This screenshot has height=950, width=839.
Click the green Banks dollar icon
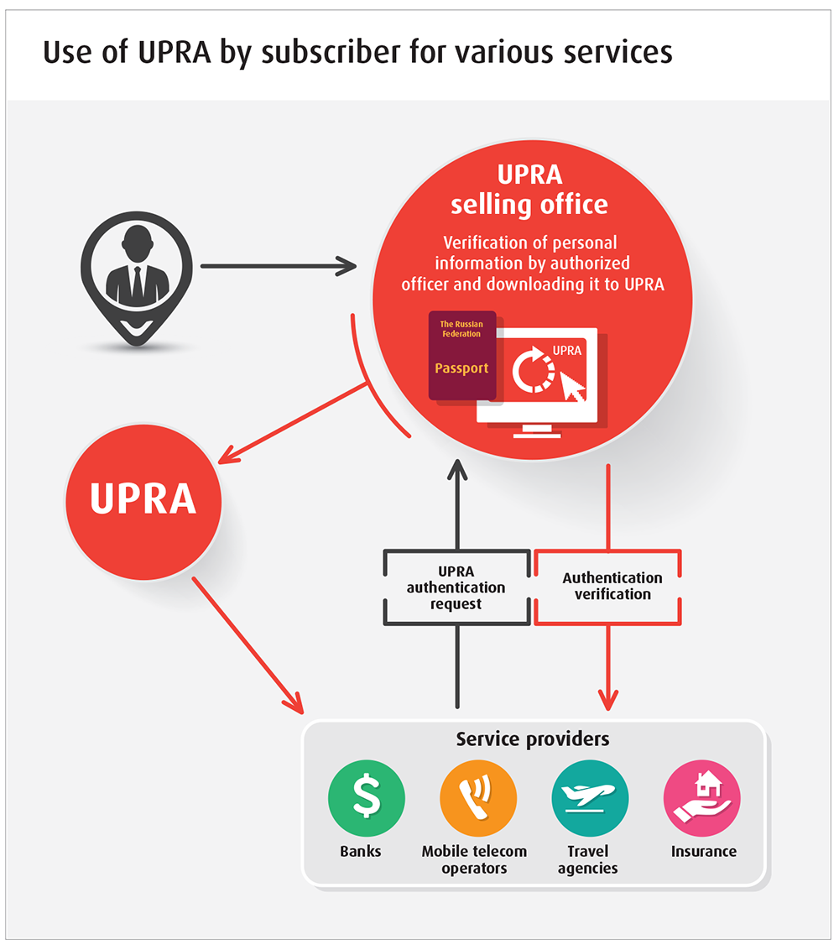click(x=367, y=798)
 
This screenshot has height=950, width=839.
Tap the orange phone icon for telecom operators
click(x=478, y=798)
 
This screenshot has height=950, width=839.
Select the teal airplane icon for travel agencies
click(x=590, y=798)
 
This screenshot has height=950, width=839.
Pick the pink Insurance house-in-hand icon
click(x=702, y=798)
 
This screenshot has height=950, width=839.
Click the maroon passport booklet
click(x=462, y=356)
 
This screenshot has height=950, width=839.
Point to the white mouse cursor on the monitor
click(x=571, y=387)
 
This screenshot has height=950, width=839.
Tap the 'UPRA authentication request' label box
click(x=456, y=587)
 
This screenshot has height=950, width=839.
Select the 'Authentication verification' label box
click(x=607, y=587)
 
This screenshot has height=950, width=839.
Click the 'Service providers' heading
click(x=533, y=739)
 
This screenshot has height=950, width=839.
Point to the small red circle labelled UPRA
click(x=143, y=502)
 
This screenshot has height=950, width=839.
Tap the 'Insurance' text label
click(x=703, y=851)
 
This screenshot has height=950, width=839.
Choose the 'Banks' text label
click(x=361, y=851)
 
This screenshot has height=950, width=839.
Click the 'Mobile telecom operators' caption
click(x=474, y=859)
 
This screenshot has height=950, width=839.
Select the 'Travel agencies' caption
click(x=587, y=859)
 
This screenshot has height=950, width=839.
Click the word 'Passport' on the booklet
click(x=461, y=368)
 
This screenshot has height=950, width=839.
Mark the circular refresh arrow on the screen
click(x=533, y=369)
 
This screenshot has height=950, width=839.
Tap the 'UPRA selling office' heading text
click(x=529, y=190)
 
